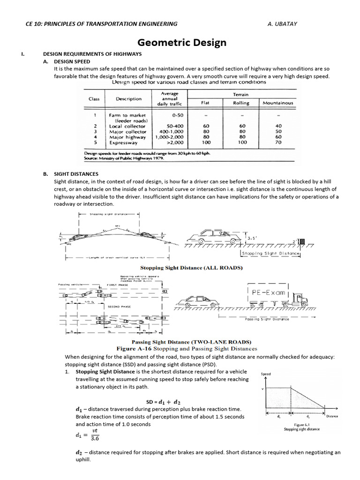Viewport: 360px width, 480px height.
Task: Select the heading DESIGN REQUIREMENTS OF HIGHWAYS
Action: coord(92,54)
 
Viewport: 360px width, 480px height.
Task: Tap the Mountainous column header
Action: coord(277,103)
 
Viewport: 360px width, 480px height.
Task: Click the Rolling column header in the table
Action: coord(241,103)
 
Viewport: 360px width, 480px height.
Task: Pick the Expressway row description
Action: coord(123,143)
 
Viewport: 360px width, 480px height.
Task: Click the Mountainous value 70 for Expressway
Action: coord(278,143)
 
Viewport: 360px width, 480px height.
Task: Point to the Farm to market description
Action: coord(127,115)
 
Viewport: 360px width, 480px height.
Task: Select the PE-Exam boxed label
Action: coord(266,292)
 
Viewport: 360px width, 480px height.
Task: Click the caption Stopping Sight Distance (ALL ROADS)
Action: coord(191,268)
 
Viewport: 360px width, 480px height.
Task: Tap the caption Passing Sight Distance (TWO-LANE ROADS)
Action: coord(191,342)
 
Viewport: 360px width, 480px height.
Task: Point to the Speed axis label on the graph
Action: coord(265,374)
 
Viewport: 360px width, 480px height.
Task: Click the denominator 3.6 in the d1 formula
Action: coord(95,439)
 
